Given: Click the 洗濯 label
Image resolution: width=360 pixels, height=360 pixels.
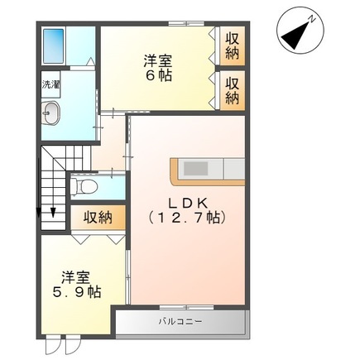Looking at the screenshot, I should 50,84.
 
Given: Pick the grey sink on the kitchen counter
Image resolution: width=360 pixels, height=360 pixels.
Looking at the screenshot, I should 197,169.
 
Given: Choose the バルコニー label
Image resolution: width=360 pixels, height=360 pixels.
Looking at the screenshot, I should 179,321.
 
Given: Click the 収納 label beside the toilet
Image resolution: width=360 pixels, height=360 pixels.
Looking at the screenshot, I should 97,218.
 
